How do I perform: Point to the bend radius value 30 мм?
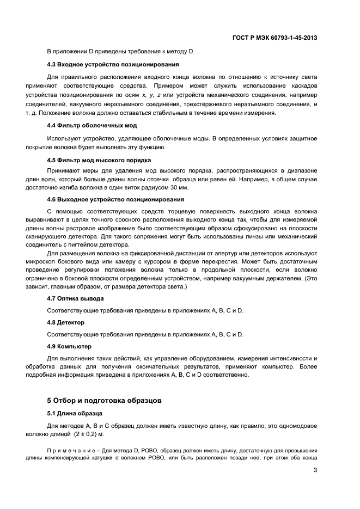point(180,187)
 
